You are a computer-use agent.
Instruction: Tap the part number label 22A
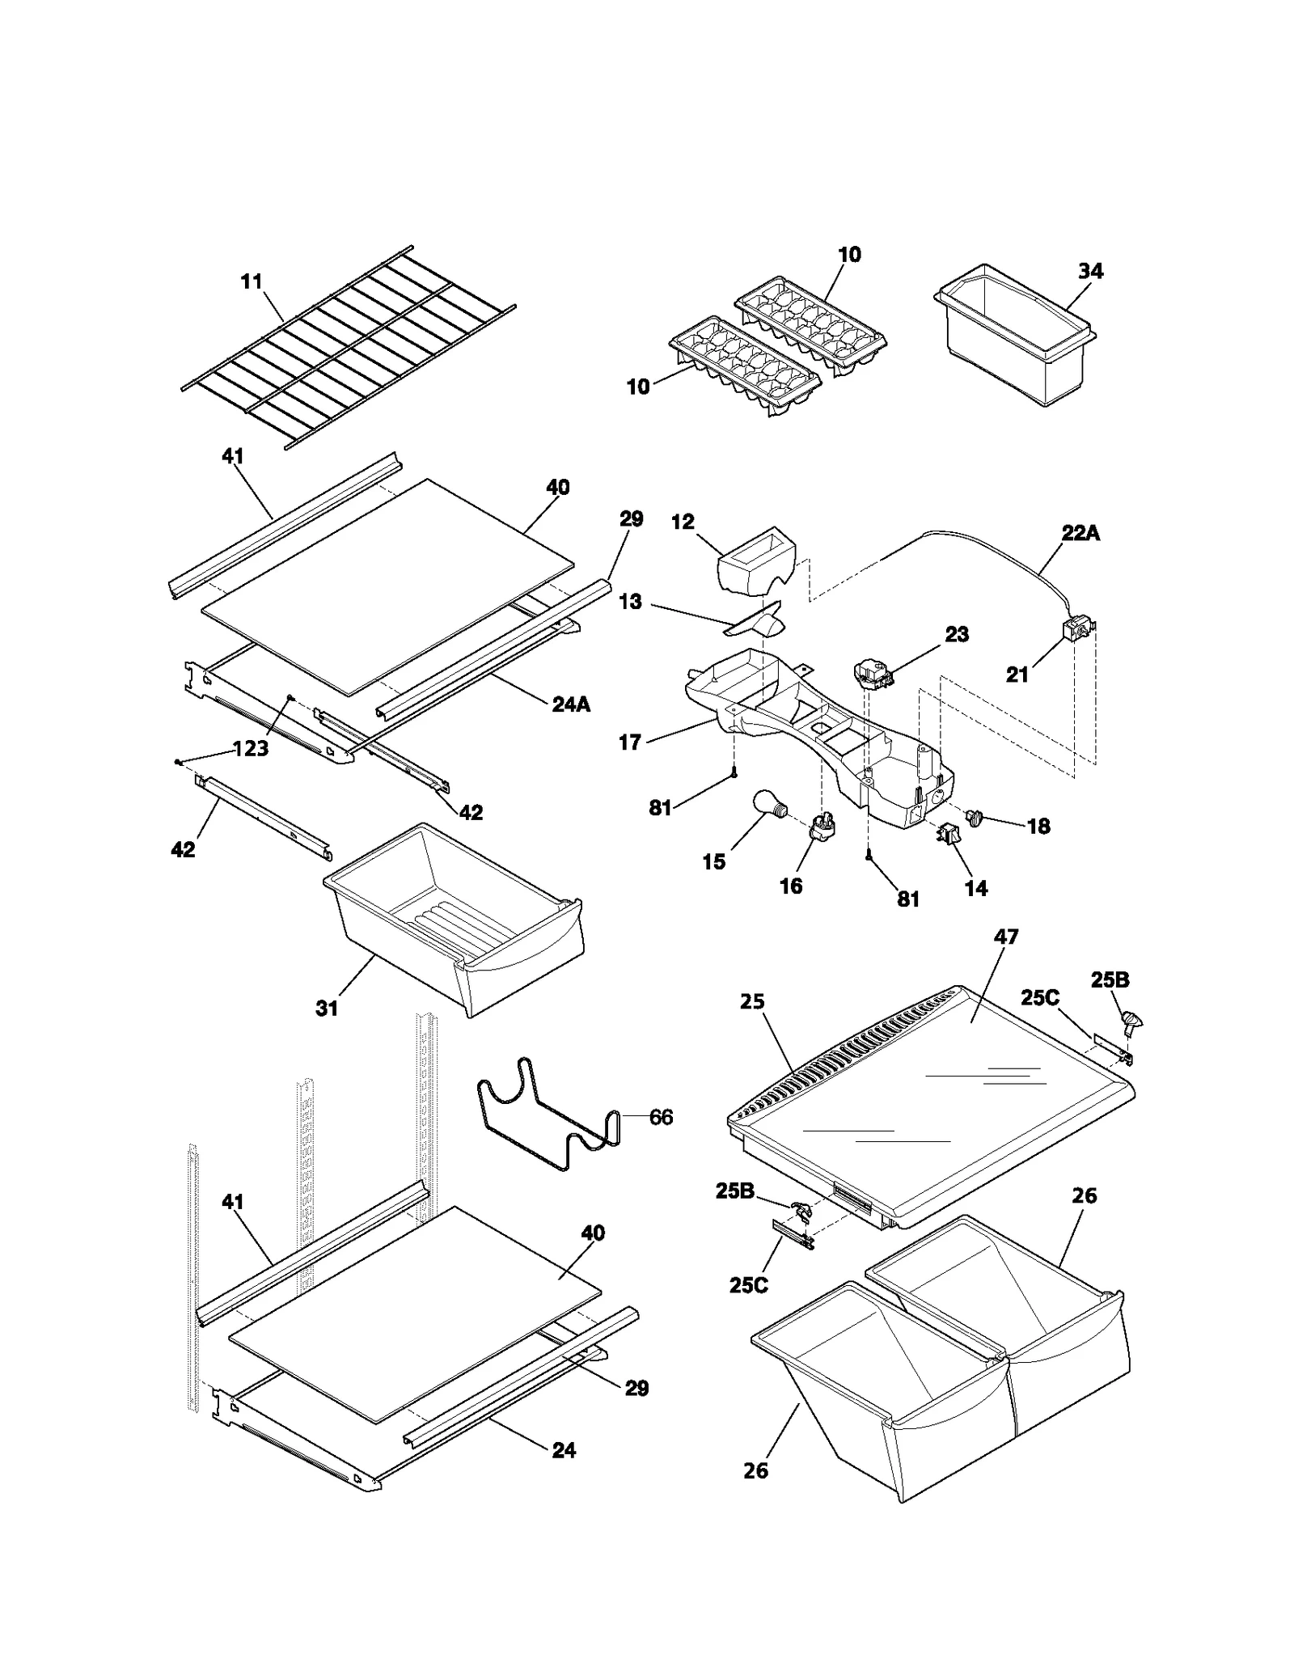[x=1080, y=534]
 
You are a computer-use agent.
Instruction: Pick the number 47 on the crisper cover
[x=1005, y=937]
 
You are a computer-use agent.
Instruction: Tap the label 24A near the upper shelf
[x=571, y=704]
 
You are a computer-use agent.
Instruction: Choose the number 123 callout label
[x=251, y=749]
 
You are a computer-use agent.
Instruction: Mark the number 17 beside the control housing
[x=630, y=742]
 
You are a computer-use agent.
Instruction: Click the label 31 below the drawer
[x=327, y=1009]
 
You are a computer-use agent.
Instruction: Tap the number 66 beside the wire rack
[x=661, y=1118]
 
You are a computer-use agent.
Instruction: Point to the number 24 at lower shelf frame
[x=564, y=1451]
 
